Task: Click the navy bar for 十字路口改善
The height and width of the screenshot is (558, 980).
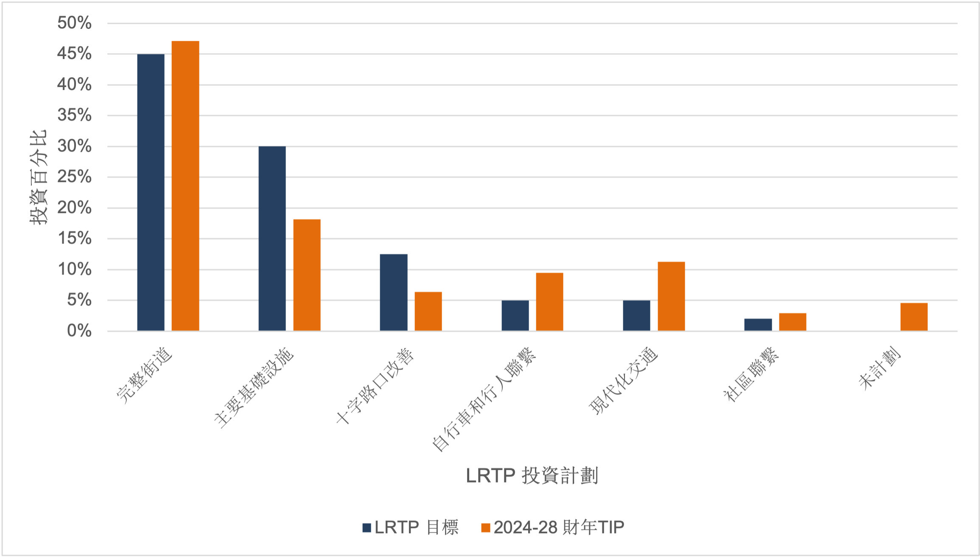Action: [393, 292]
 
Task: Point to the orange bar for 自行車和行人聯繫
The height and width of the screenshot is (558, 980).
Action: [549, 302]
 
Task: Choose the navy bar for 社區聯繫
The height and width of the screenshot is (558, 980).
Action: [758, 325]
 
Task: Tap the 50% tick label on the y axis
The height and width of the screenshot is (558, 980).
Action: [75, 23]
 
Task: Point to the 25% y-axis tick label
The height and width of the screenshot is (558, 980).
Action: [75, 177]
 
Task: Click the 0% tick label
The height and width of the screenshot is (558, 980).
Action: [79, 331]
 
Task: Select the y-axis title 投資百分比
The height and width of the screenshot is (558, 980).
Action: [38, 177]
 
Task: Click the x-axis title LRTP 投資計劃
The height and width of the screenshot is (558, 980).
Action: [532, 476]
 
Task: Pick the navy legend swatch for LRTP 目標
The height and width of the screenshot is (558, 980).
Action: [367, 528]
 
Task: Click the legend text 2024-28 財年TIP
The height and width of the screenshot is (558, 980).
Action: [559, 527]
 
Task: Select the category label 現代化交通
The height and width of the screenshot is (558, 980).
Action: [624, 381]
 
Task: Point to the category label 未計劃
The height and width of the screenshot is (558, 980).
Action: [880, 368]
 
